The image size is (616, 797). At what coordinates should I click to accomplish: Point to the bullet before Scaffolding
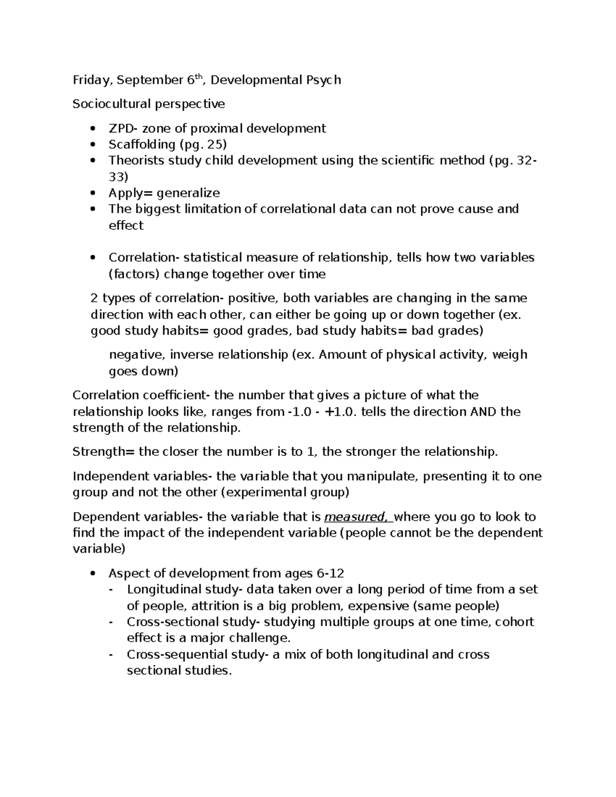point(92,145)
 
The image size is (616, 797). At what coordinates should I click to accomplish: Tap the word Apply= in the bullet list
point(130,193)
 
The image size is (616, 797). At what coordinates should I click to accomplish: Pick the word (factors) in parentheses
point(134,274)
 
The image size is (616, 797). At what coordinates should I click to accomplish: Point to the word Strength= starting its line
point(104,452)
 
